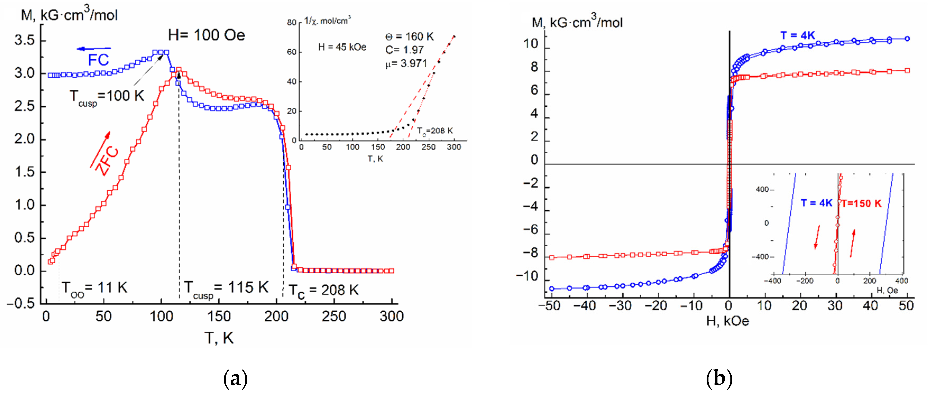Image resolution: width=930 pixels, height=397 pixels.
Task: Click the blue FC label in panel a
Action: tap(98, 60)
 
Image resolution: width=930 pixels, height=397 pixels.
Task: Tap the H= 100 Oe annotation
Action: tap(206, 35)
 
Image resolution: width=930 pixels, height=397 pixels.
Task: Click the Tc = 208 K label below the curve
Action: tap(324, 291)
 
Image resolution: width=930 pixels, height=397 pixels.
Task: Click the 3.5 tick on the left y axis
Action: tap(25, 40)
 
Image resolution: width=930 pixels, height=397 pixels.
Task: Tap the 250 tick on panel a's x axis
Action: tap(334, 316)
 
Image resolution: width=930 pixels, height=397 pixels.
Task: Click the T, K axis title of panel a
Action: tap(219, 338)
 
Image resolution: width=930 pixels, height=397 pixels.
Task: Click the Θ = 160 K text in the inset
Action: tap(409, 36)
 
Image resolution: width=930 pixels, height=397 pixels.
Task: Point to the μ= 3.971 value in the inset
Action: tap(406, 64)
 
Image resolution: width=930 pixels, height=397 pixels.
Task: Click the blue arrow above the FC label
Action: tap(94, 49)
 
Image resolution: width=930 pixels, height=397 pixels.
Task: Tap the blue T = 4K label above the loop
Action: tap(798, 35)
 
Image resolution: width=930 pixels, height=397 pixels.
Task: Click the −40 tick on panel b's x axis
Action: tap(584, 306)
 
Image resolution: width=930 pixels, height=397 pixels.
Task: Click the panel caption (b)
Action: tap(719, 379)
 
